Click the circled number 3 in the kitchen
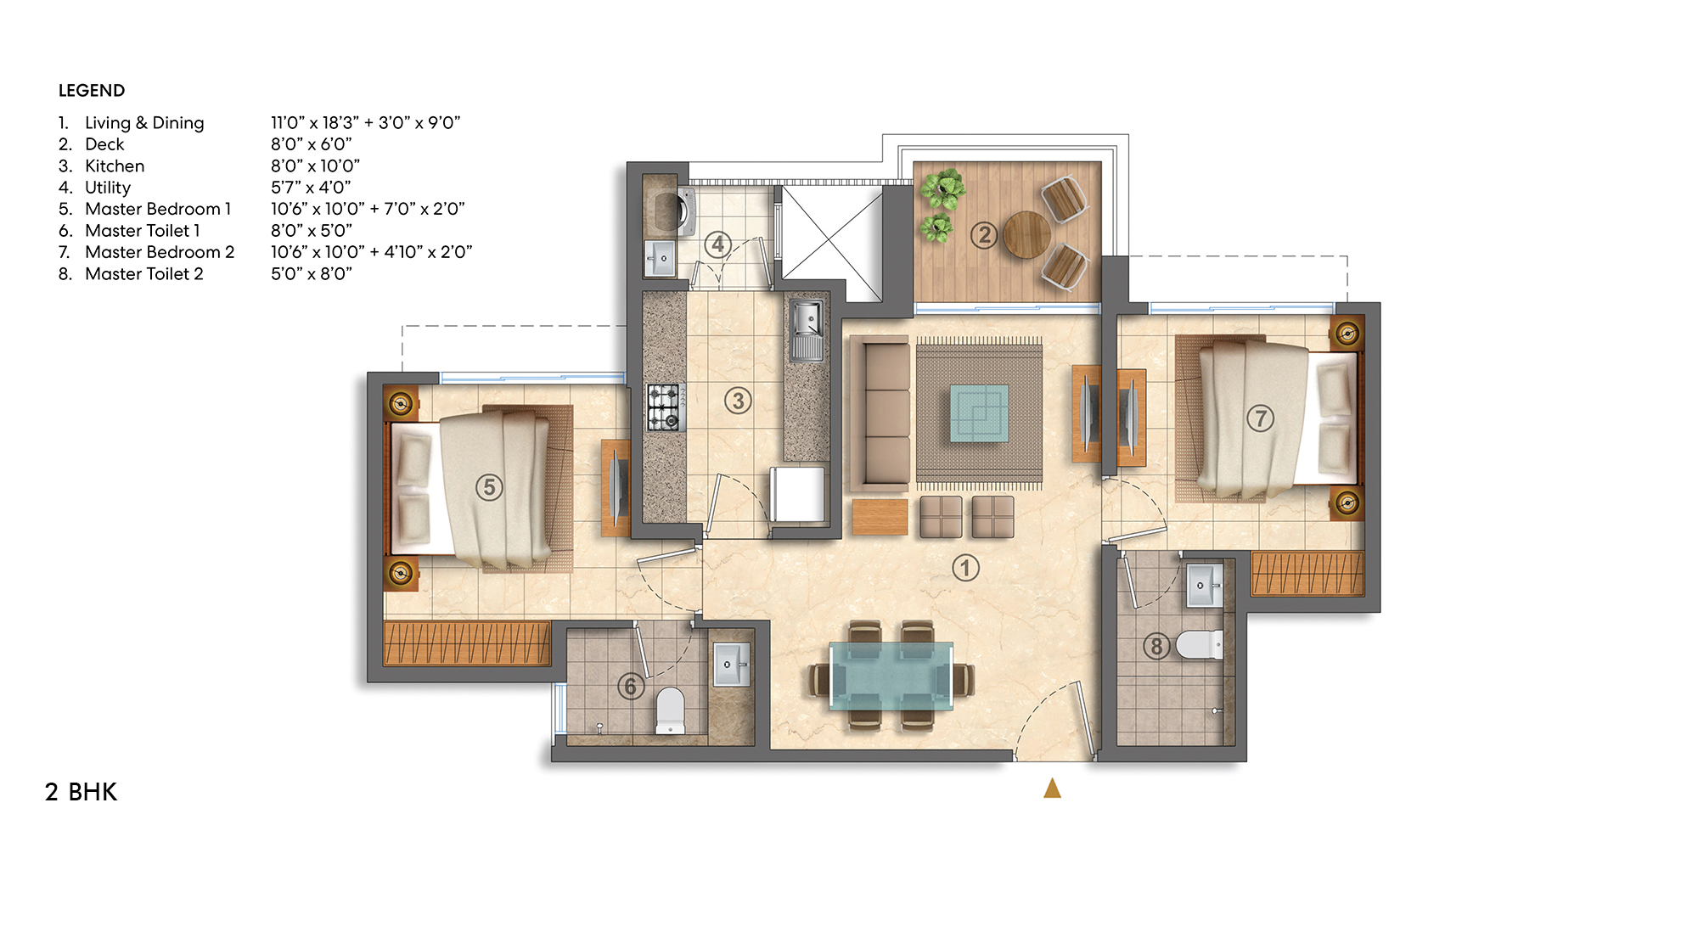click(x=738, y=401)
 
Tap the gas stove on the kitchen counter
click(x=666, y=407)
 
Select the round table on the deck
click(x=1026, y=233)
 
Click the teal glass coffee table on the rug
click(x=979, y=413)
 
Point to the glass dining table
click(x=891, y=676)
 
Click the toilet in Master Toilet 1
click(x=670, y=710)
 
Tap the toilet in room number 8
click(x=1200, y=644)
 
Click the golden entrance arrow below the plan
click(x=1052, y=789)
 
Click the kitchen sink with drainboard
click(x=807, y=330)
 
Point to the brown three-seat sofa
click(x=880, y=413)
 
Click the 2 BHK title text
click(x=81, y=792)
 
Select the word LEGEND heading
click(x=92, y=91)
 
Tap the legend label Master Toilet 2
click(x=143, y=274)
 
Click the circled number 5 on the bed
click(x=488, y=487)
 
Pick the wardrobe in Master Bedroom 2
click(x=1307, y=574)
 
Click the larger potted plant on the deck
click(x=942, y=188)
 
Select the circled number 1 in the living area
click(x=965, y=568)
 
